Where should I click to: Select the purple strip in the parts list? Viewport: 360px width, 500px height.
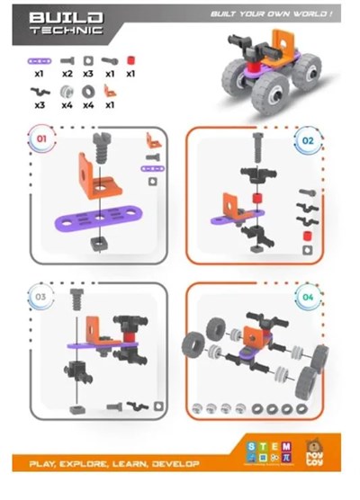39,60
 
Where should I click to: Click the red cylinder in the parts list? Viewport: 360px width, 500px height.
130,60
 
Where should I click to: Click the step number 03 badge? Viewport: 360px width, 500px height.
39,297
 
